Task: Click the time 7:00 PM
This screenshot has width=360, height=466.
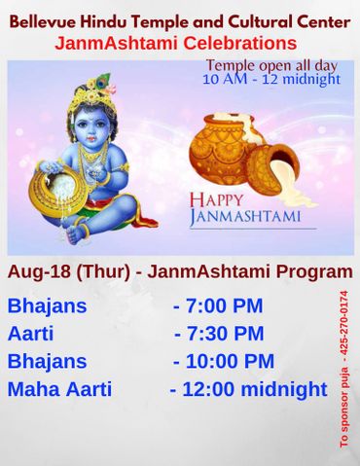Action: pyautogui.click(x=218, y=305)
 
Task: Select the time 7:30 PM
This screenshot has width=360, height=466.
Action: pyautogui.click(x=219, y=333)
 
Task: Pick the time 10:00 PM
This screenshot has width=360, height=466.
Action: pyautogui.click(x=224, y=361)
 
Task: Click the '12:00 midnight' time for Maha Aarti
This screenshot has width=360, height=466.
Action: pyautogui.click(x=248, y=390)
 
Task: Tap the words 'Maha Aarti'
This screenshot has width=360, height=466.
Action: pyautogui.click(x=59, y=390)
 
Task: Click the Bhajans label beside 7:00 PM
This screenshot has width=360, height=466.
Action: pyautogui.click(x=47, y=305)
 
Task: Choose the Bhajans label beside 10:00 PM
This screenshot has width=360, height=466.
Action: pyautogui.click(x=47, y=361)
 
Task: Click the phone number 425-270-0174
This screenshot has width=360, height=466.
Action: pyautogui.click(x=342, y=326)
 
